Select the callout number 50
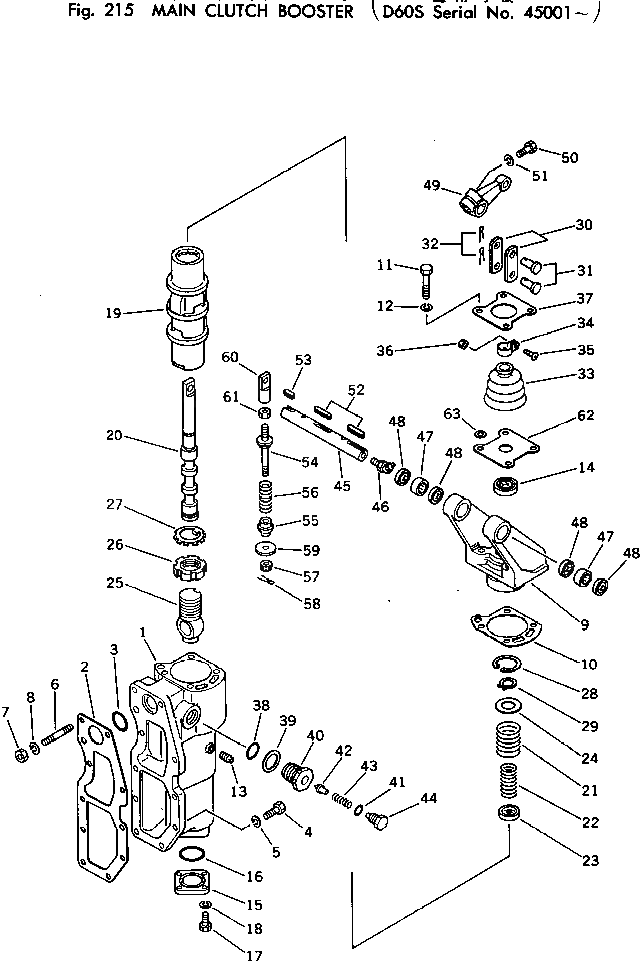point(570,157)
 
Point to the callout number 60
point(229,356)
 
